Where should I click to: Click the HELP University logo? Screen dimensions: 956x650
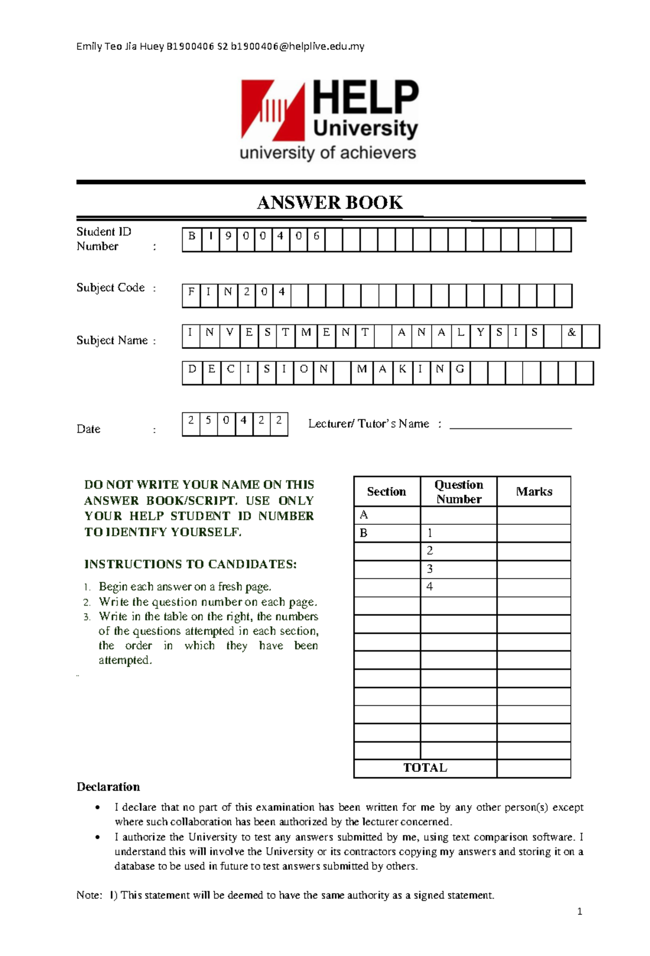tap(329, 120)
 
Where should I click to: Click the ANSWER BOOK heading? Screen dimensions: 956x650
tap(329, 203)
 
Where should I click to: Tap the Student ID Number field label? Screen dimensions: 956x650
tap(103, 239)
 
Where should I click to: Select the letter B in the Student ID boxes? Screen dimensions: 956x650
tap(192, 236)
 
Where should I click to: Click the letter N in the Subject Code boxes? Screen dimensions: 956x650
tap(227, 292)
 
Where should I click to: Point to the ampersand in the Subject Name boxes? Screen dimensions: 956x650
tap(571, 333)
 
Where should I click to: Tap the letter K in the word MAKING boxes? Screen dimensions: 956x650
tap(402, 369)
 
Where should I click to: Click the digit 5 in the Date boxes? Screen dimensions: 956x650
tap(208, 420)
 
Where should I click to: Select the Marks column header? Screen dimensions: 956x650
tap(534, 491)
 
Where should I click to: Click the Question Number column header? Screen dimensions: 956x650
tap(458, 491)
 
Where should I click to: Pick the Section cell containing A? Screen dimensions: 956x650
tap(387, 515)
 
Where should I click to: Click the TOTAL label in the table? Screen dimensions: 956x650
tap(425, 768)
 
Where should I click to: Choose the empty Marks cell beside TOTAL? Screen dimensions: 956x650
tap(534, 768)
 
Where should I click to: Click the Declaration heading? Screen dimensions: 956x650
tap(108, 786)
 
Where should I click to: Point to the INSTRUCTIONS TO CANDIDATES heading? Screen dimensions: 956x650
tap(190, 564)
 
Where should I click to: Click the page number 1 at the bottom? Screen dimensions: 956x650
tap(580, 912)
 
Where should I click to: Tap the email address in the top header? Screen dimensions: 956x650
tap(297, 47)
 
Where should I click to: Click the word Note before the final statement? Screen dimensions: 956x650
tap(88, 895)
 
